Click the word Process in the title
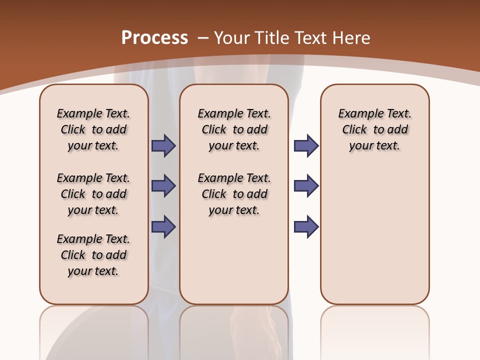tap(154, 37)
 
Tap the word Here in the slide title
tap(352, 37)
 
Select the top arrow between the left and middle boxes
tap(163, 145)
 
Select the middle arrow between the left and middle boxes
tap(163, 186)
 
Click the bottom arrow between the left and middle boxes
tap(163, 226)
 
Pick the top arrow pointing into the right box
tap(306, 145)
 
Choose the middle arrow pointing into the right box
tap(306, 186)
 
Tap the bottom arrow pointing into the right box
tap(306, 226)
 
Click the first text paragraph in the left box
tap(93, 129)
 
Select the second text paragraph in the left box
tap(93, 194)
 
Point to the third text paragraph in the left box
tap(93, 255)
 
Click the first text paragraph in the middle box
tap(234, 129)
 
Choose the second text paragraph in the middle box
tap(234, 194)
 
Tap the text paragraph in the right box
tap(375, 129)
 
